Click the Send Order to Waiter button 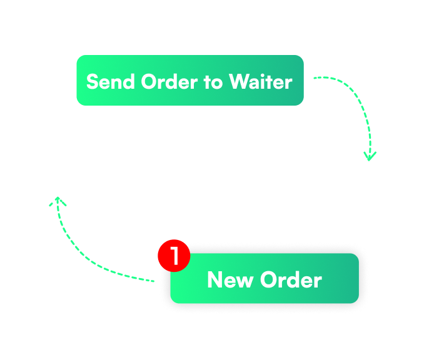point(189,81)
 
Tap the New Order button point(265,279)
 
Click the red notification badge point(173,256)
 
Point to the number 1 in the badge point(174,256)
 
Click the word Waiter point(260,81)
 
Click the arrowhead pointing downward point(370,156)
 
